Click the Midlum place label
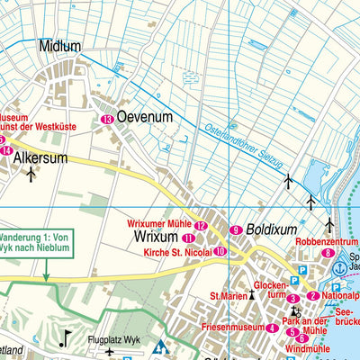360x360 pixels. coord(59,46)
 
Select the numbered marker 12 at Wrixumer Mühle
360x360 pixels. coord(201,226)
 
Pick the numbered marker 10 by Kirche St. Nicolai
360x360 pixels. coord(220,251)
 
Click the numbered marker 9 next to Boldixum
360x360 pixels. coord(236,230)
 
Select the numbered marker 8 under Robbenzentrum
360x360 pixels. coord(328,254)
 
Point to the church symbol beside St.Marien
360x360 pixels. coord(253,294)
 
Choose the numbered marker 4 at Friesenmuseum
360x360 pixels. coord(272,328)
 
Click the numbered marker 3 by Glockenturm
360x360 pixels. coord(292,299)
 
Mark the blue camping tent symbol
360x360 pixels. coord(161,346)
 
